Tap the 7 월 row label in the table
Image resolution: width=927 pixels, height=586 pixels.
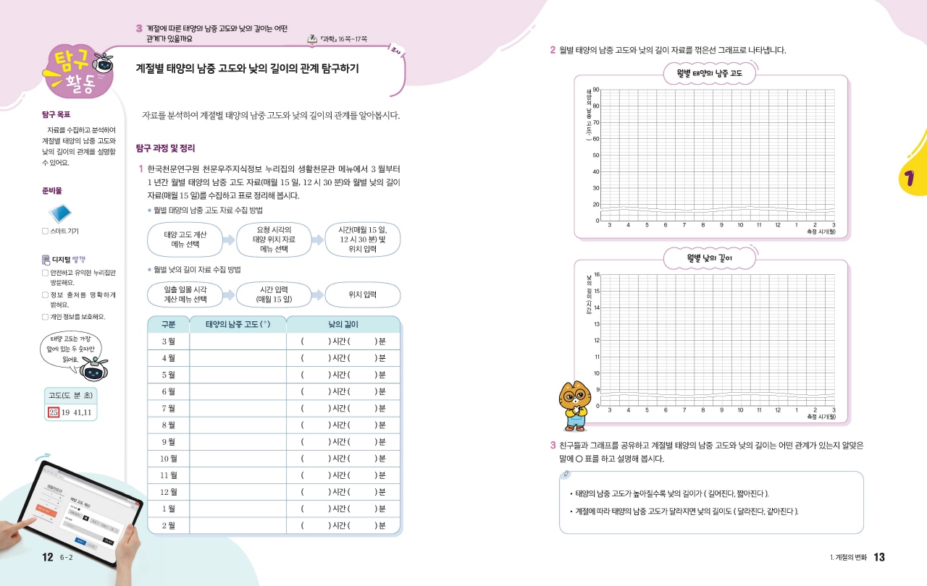click(x=168, y=408)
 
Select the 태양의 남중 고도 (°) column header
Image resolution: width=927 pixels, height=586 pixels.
click(x=238, y=324)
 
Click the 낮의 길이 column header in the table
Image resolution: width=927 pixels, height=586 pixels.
click(x=343, y=324)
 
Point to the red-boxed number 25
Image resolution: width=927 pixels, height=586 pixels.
click(x=53, y=412)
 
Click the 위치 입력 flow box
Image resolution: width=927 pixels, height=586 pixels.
click(x=362, y=294)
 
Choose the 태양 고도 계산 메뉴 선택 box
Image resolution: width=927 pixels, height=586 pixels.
click(x=185, y=239)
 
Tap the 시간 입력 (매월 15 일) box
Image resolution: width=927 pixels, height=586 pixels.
click(x=274, y=294)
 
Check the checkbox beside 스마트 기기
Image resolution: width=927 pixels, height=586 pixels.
click(x=45, y=232)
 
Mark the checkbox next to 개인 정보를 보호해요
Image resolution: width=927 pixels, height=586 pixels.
click(x=45, y=316)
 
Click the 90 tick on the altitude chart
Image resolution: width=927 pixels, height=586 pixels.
click(x=595, y=90)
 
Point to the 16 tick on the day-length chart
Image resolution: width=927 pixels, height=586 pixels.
click(x=595, y=275)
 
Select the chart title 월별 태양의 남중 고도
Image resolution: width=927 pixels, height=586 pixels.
click(x=710, y=73)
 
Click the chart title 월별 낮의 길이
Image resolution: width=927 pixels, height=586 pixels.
click(x=710, y=257)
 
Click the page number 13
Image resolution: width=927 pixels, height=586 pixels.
click(x=879, y=557)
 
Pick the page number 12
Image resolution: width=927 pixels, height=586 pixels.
click(x=48, y=557)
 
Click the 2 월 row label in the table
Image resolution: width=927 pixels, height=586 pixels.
click(x=168, y=525)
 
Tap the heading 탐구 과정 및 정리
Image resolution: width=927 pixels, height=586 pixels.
click(x=166, y=148)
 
